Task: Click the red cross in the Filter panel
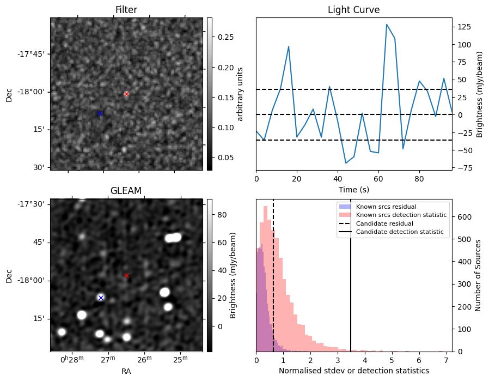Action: click(126, 94)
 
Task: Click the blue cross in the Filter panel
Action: click(100, 113)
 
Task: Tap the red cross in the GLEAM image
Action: click(126, 276)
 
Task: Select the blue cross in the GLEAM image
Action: click(101, 298)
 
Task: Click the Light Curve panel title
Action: click(353, 10)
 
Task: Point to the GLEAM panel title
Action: click(126, 191)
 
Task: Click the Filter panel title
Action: click(126, 10)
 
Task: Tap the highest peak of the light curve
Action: click(387, 25)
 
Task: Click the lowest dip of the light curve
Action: click(346, 163)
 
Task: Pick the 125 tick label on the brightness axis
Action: click(464, 27)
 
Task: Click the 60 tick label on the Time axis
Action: click(378, 179)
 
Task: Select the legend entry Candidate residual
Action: click(384, 223)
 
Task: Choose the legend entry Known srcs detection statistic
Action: click(401, 215)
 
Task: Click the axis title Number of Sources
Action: click(478, 276)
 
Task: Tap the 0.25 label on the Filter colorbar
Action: click(225, 37)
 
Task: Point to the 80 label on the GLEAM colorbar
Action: click(222, 215)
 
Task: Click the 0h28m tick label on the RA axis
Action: click(72, 359)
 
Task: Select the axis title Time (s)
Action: click(354, 190)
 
